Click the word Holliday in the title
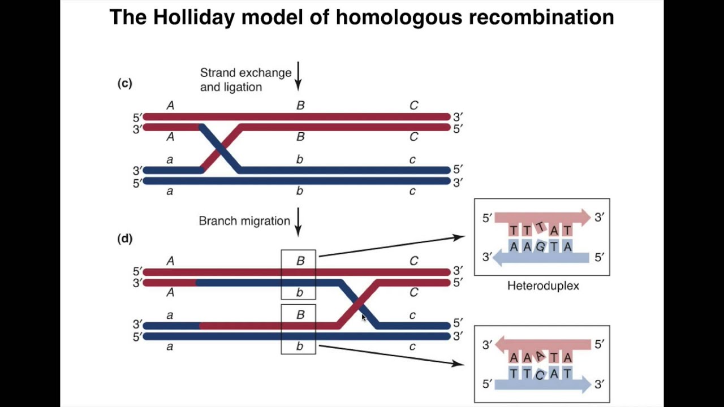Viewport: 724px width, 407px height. click(193, 18)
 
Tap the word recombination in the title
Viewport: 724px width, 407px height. click(541, 18)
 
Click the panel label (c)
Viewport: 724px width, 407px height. click(124, 84)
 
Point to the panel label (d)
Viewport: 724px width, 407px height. click(124, 239)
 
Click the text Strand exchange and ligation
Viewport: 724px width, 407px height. click(245, 80)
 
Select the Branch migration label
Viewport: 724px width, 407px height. click(244, 221)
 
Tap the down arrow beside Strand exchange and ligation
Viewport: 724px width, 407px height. click(298, 76)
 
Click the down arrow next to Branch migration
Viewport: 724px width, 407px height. click(298, 221)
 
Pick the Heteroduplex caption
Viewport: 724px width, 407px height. click(543, 286)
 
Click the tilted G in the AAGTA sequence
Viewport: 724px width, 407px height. click(540, 247)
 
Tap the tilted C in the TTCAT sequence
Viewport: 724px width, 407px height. click(540, 374)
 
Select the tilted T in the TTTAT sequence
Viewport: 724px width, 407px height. click(540, 228)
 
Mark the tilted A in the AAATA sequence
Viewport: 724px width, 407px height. click(540, 356)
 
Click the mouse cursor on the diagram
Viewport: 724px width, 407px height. click(363, 318)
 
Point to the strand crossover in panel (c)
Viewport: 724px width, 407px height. click(221, 149)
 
